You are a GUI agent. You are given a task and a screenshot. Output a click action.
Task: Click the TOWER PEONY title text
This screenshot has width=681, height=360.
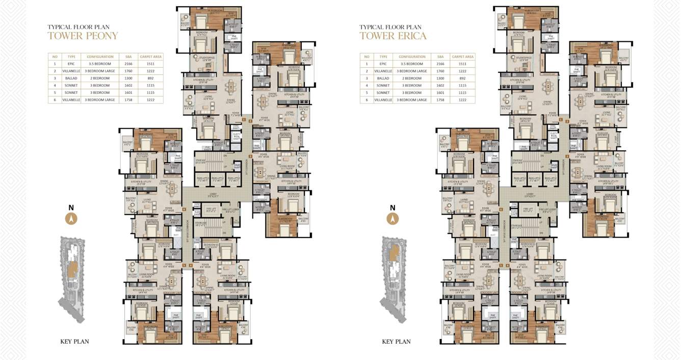pos(83,36)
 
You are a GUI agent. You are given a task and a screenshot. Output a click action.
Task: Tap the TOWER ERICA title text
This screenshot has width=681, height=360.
pos(392,36)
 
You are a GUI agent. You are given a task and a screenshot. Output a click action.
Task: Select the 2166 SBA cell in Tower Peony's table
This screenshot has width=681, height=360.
pos(128,64)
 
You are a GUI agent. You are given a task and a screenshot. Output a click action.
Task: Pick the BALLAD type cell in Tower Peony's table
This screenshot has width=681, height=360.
pos(71,79)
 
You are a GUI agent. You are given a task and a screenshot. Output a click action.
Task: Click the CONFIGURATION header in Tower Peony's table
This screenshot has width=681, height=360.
pos(100,57)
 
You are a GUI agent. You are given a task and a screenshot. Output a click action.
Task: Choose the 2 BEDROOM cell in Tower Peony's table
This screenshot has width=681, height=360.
pos(100,79)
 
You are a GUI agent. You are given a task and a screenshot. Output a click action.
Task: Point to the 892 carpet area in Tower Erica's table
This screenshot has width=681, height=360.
pos(463,79)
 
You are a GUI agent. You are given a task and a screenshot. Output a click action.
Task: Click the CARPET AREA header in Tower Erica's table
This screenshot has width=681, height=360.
pos(463,57)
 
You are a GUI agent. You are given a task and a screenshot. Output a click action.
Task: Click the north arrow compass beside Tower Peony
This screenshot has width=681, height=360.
pos(72,218)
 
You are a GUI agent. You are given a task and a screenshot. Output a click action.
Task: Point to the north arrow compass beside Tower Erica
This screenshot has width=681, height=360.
pos(392,218)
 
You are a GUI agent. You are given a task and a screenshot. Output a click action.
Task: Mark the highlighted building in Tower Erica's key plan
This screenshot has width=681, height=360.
pos(394,253)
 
